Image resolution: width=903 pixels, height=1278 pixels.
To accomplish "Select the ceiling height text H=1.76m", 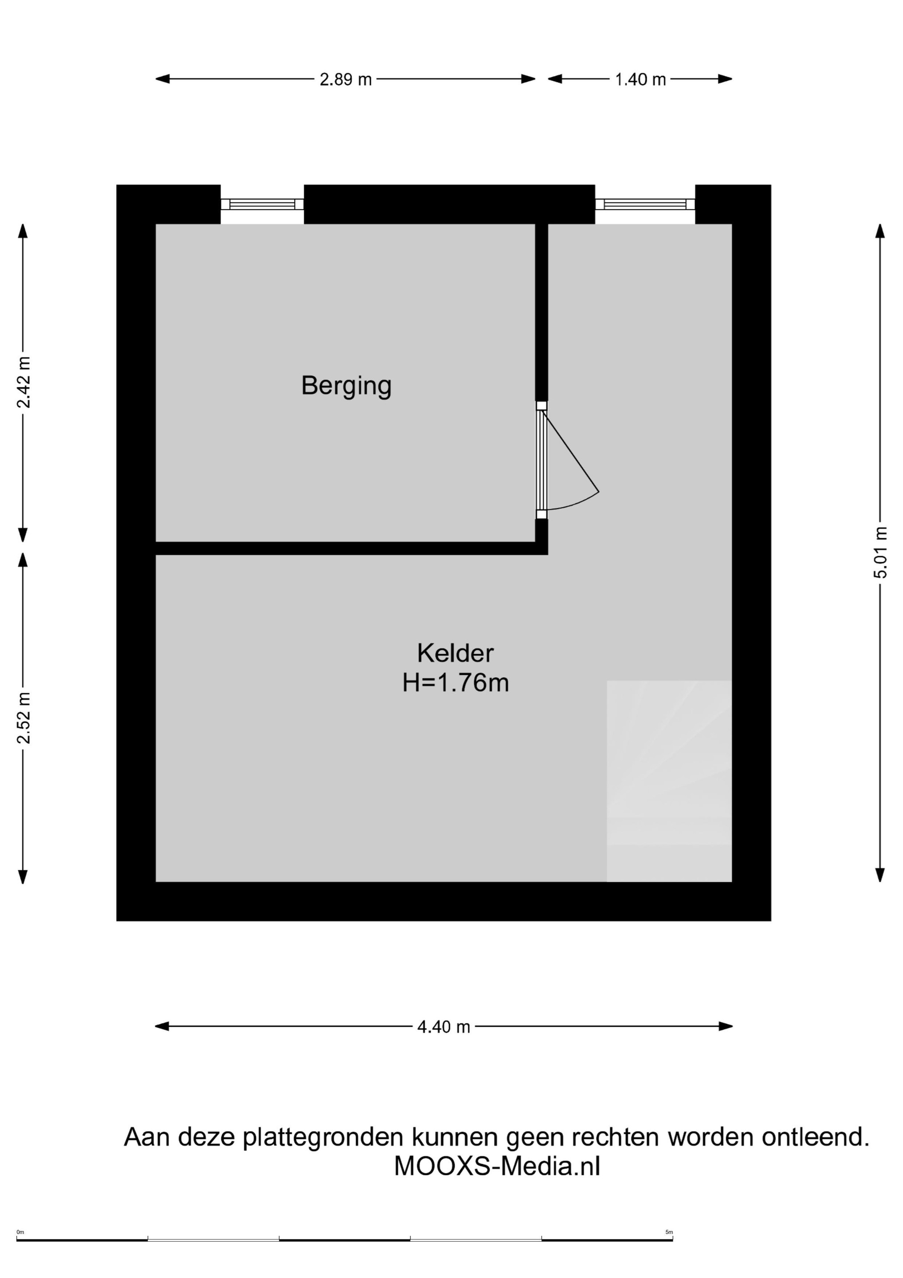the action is [x=455, y=683].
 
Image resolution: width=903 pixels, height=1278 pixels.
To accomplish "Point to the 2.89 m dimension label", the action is [x=345, y=79].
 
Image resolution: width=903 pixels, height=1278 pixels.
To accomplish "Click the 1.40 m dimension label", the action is [x=640, y=79].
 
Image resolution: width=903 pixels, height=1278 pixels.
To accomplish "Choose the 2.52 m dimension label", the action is [x=24, y=718].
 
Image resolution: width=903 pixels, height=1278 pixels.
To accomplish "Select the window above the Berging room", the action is [x=262, y=204].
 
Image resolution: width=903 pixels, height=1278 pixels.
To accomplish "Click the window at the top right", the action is [x=645, y=204].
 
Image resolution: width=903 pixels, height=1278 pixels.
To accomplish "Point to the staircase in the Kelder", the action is [x=669, y=781].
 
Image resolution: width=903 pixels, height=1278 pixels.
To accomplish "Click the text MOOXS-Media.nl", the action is [x=497, y=1167].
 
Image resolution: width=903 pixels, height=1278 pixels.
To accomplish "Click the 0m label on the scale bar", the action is [x=20, y=1232].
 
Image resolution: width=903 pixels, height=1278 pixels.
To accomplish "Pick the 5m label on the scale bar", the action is [x=669, y=1232].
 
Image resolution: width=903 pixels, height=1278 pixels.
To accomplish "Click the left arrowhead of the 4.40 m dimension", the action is [x=162, y=1026].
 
